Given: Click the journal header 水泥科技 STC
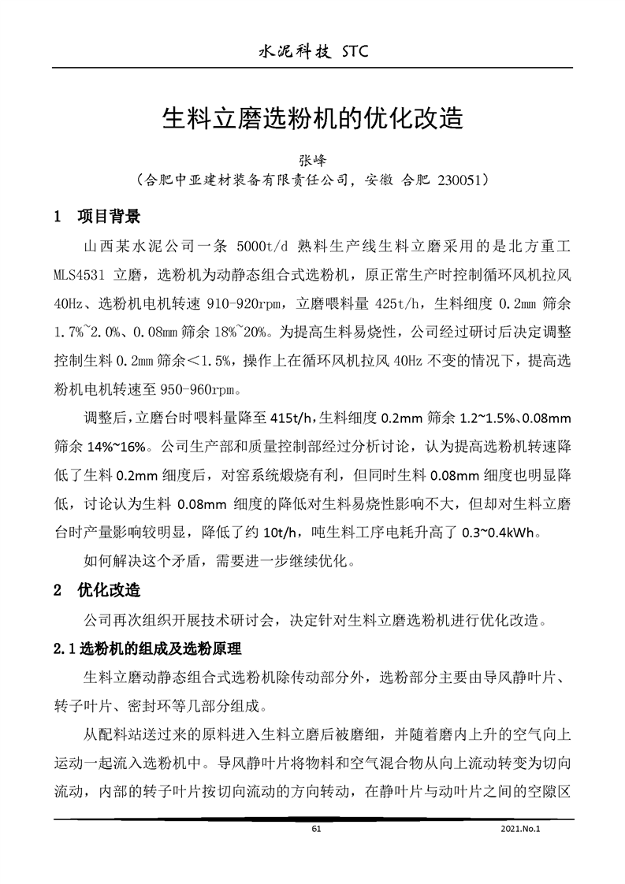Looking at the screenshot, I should [x=313, y=53].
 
